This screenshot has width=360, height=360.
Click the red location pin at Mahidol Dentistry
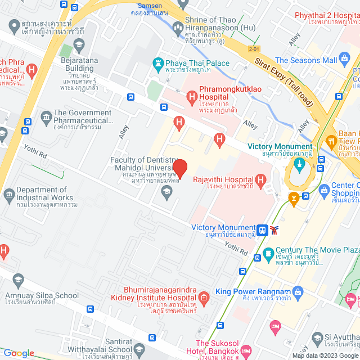(179, 168)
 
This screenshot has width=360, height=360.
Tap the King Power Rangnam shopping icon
(297, 291)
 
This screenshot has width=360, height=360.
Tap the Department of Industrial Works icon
(9, 195)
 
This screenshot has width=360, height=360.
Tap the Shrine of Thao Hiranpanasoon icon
(178, 26)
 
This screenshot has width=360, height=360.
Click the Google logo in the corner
(19, 353)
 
